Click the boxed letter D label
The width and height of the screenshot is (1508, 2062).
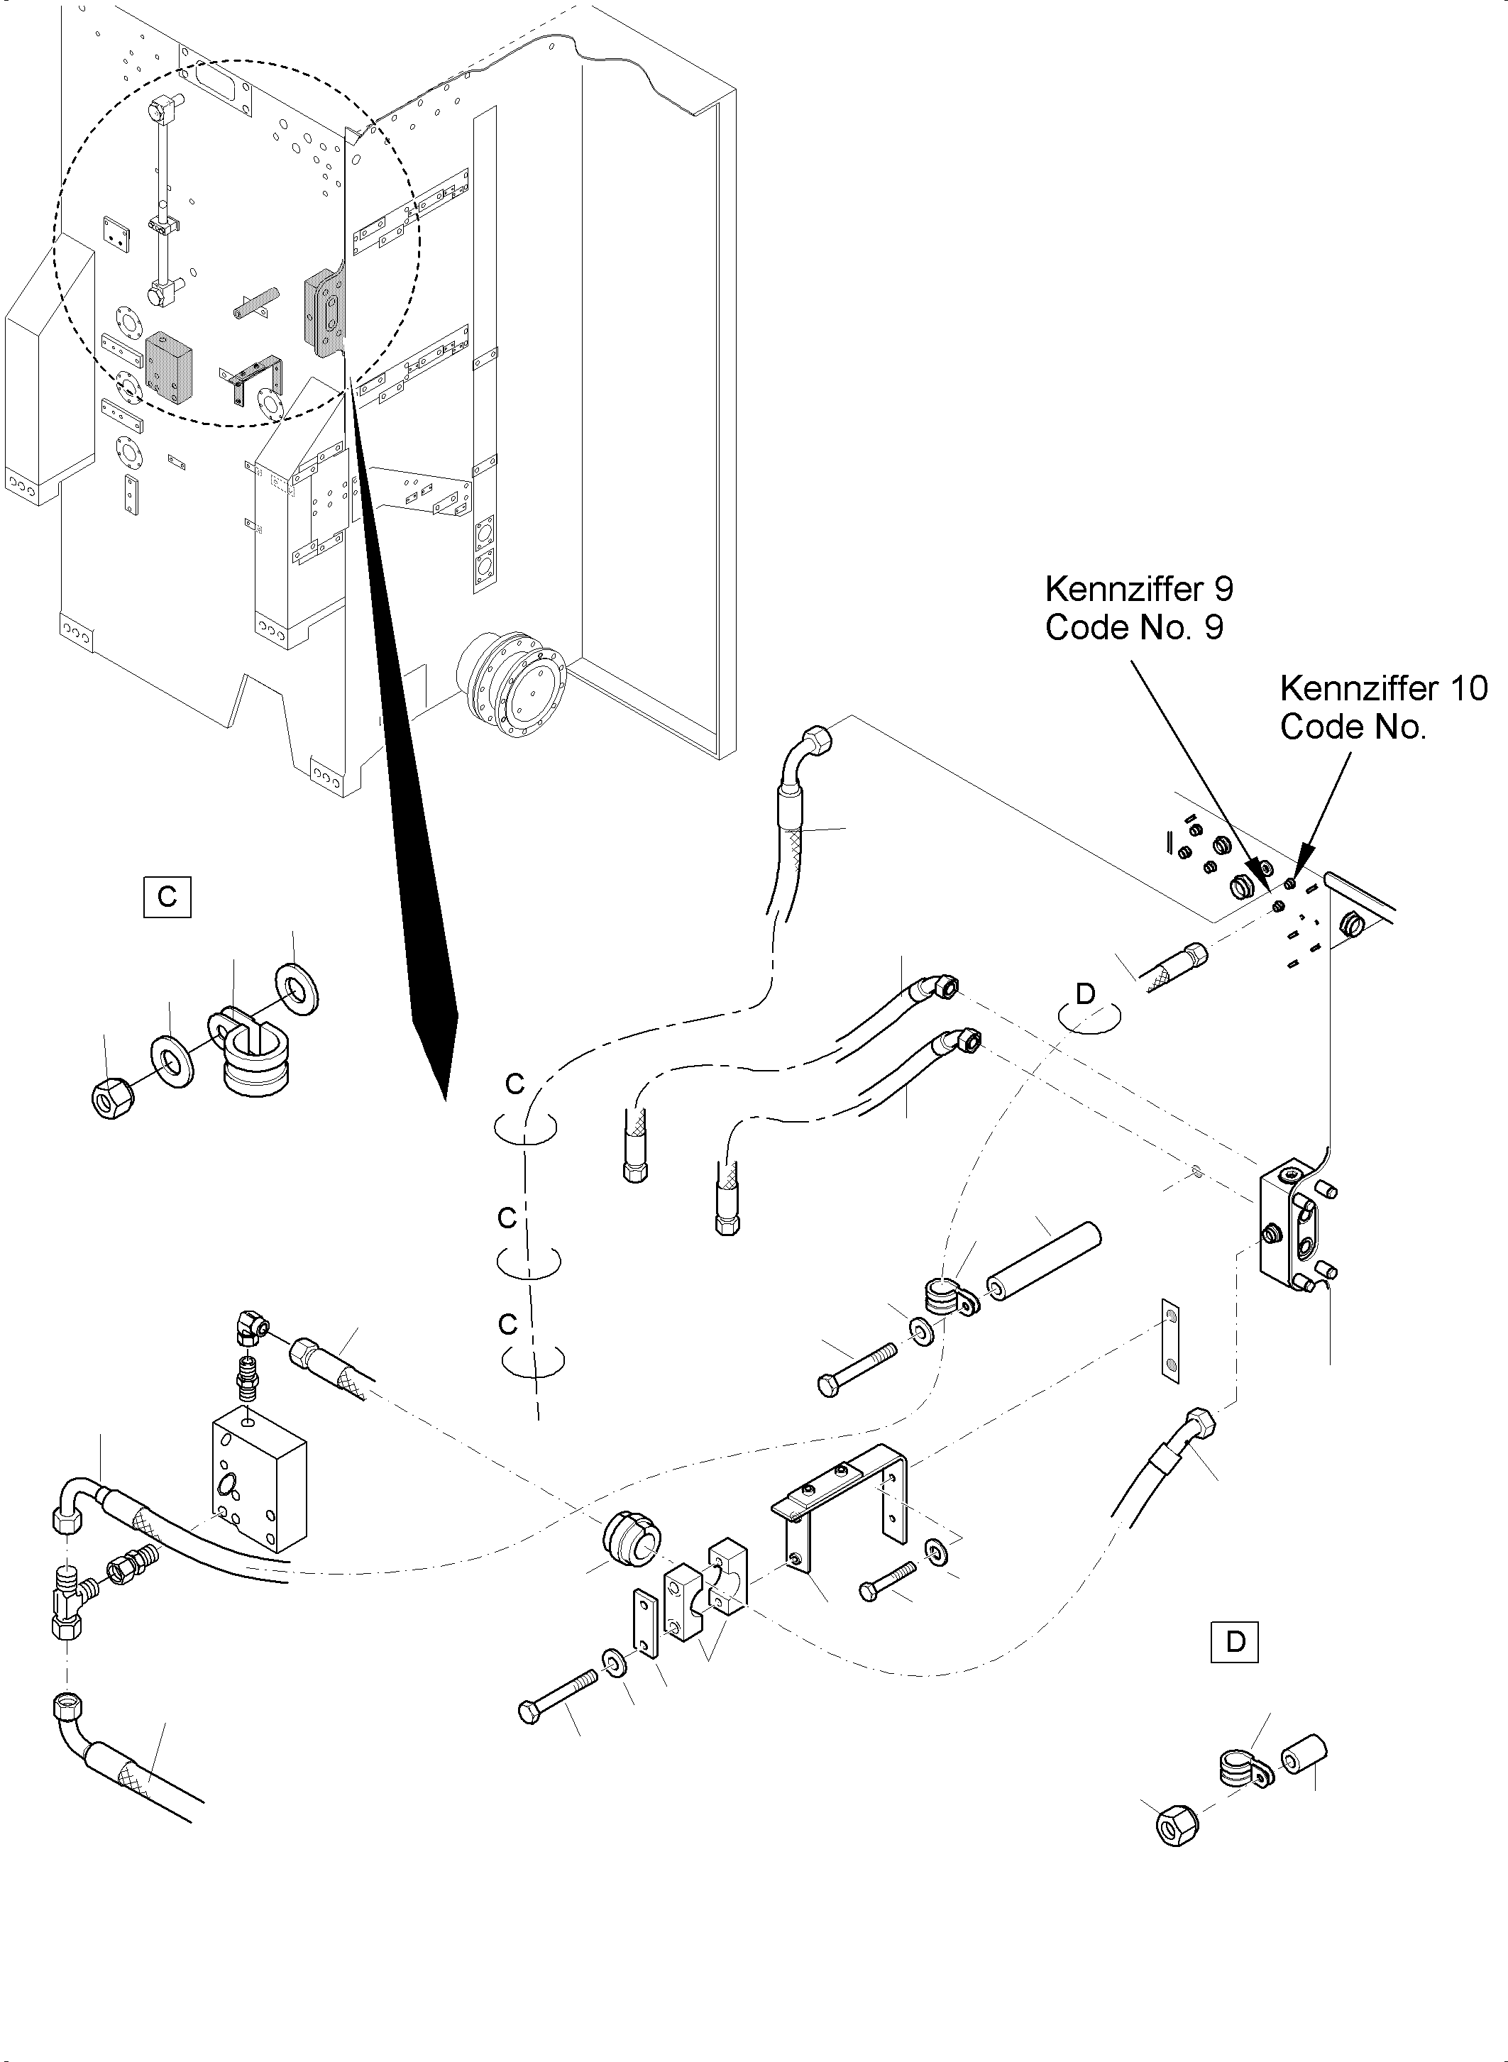(x=1234, y=1642)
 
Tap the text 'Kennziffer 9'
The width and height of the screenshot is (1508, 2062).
(x=1138, y=589)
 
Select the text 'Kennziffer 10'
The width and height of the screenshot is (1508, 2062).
(x=1383, y=688)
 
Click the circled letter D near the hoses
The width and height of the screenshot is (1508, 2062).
(x=1085, y=994)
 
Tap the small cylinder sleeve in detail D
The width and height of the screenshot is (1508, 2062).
(x=1305, y=1757)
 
